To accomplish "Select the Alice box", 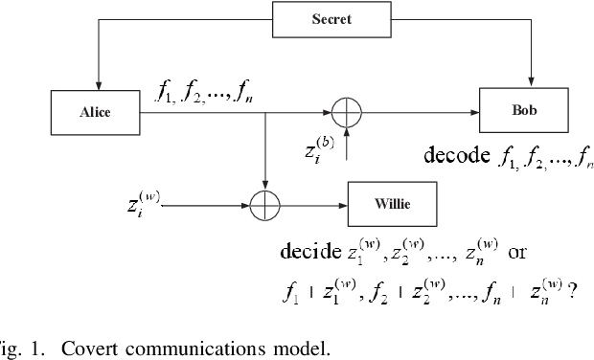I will pos(95,112).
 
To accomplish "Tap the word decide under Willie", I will pos(308,253).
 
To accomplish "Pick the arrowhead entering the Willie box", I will pos(342,204).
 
